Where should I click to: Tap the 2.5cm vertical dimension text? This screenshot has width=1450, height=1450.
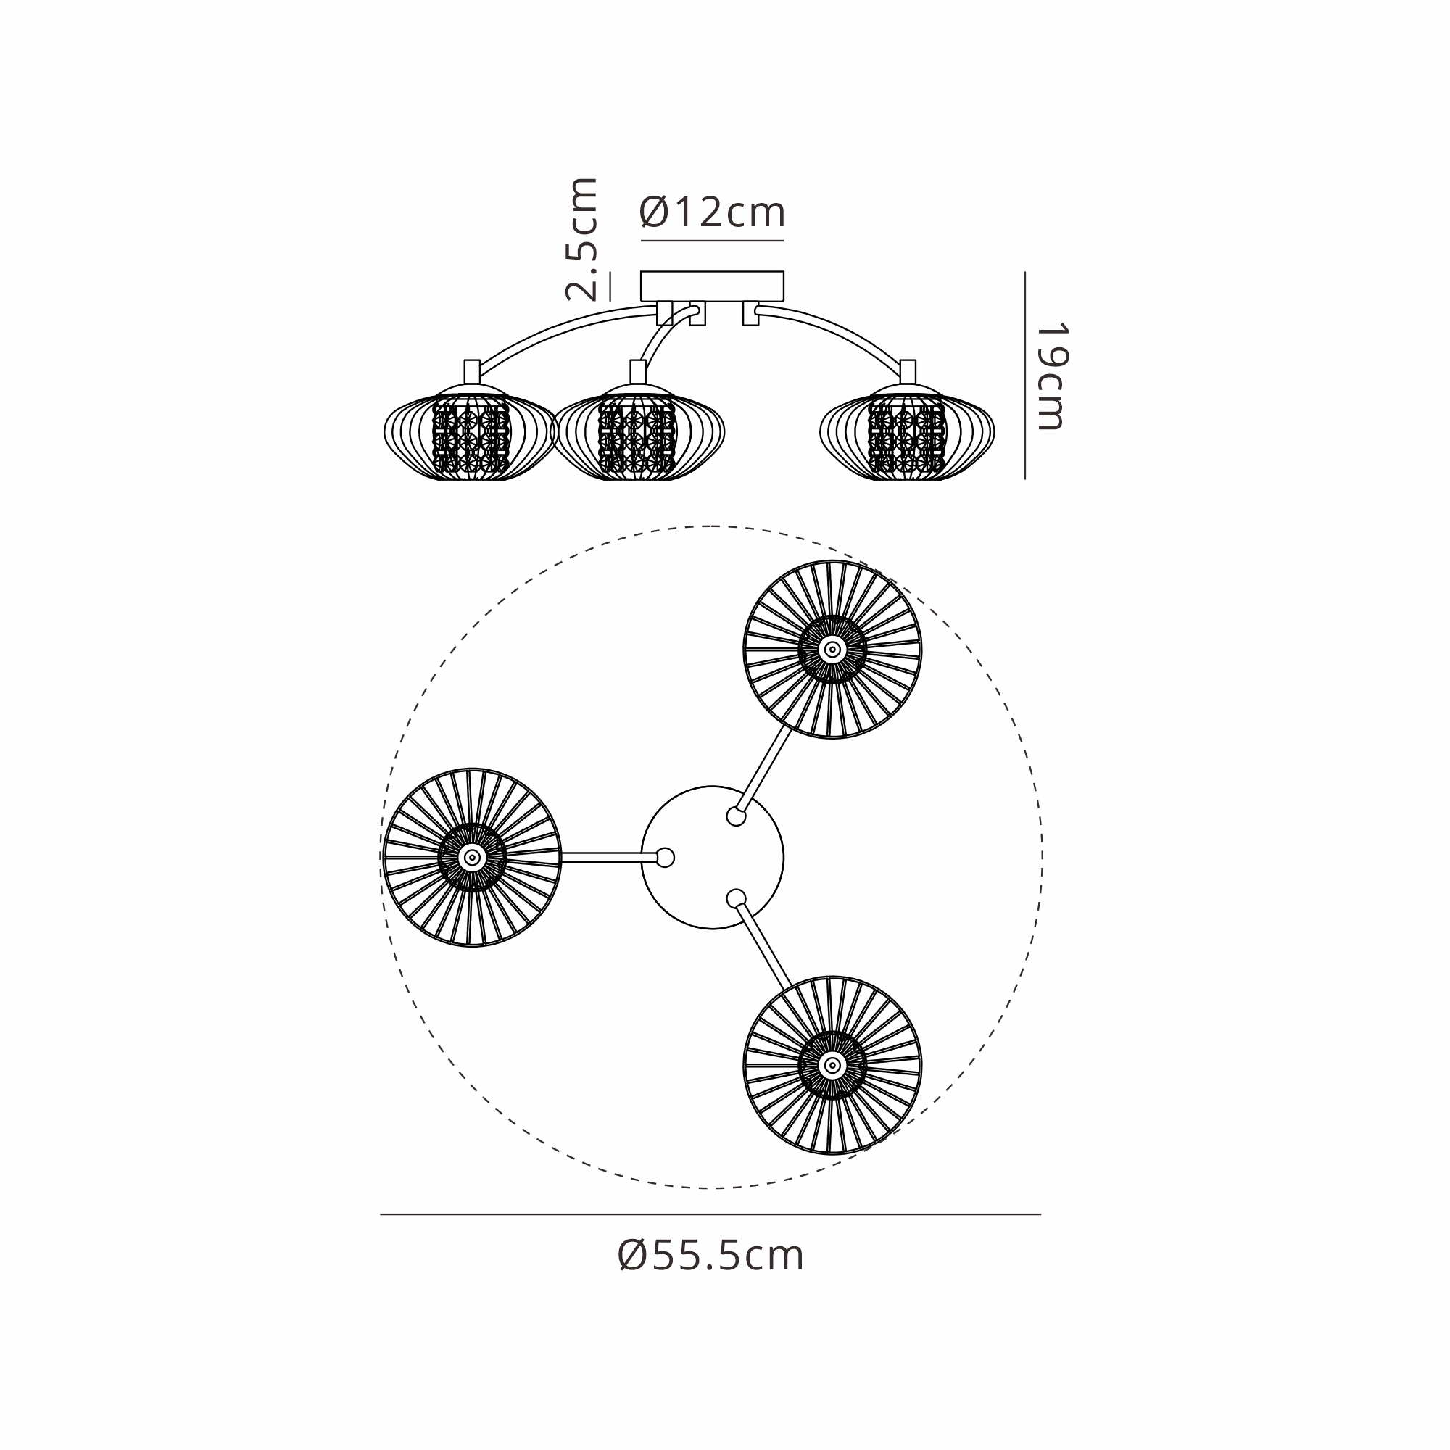click(x=582, y=239)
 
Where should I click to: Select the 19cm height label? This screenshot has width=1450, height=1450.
click(x=1051, y=377)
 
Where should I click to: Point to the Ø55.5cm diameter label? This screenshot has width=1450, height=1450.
click(x=710, y=1256)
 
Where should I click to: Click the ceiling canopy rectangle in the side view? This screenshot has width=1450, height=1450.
click(x=712, y=286)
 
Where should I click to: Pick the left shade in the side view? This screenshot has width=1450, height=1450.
click(x=471, y=432)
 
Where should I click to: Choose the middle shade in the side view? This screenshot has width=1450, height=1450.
click(x=638, y=432)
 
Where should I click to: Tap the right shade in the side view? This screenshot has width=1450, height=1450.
click(x=908, y=432)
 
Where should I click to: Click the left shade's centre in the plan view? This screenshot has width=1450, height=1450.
click(x=472, y=857)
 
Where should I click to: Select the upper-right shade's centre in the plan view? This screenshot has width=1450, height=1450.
click(x=832, y=649)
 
